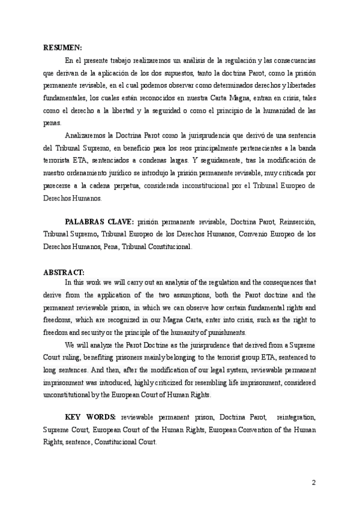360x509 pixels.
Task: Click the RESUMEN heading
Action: pos(62,47)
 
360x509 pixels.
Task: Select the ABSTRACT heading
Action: pos(64,272)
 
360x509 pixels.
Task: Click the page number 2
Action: pos(313,483)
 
